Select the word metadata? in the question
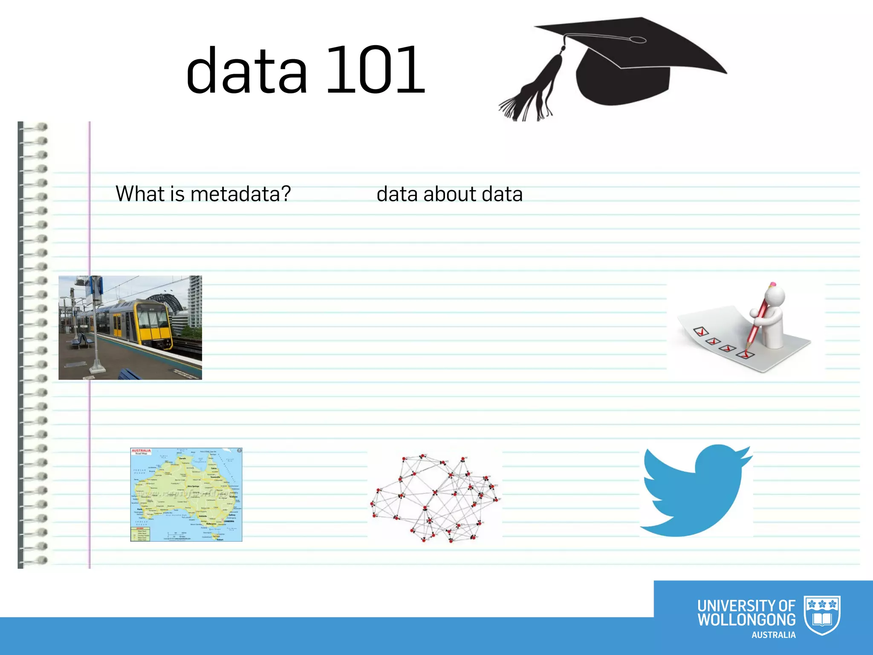click(x=240, y=194)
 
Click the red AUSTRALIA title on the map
click(x=141, y=450)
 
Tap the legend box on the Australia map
click(x=140, y=534)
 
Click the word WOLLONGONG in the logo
click(x=746, y=620)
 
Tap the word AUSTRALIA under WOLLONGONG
click(x=773, y=635)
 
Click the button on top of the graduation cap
click(x=638, y=40)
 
